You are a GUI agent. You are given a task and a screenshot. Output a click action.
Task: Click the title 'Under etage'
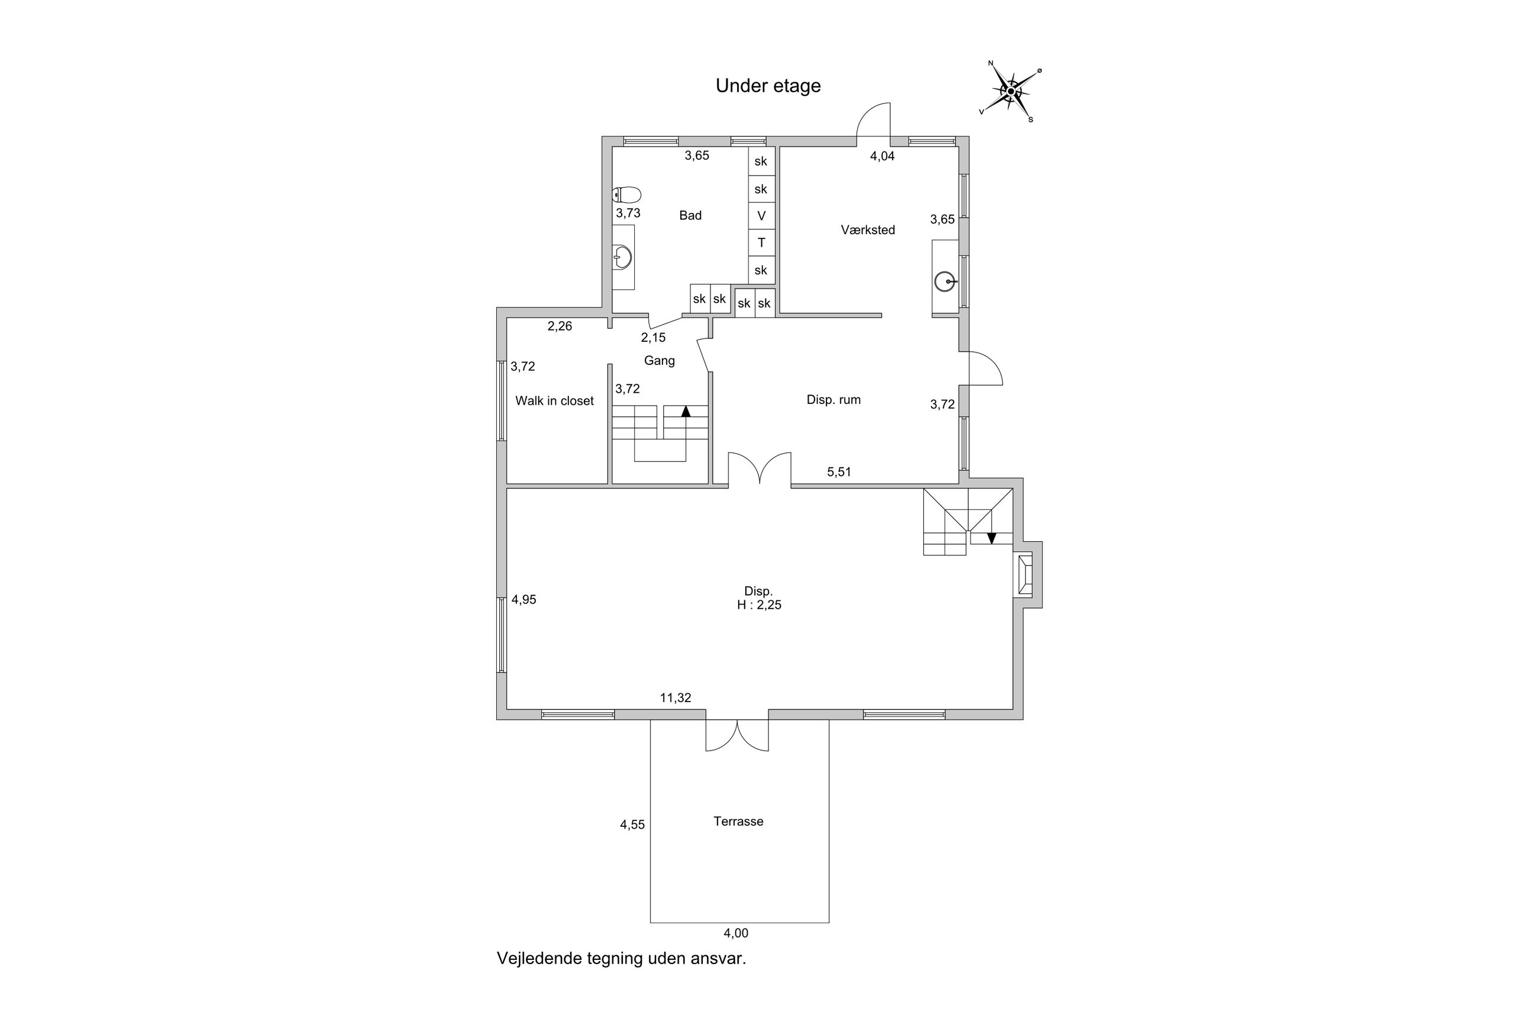tap(767, 86)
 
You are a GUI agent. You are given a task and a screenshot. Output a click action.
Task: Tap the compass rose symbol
tap(1010, 92)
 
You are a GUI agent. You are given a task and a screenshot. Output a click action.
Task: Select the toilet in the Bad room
tap(627, 195)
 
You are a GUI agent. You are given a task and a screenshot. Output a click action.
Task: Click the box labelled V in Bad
tap(761, 216)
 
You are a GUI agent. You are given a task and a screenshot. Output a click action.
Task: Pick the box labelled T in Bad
tap(761, 243)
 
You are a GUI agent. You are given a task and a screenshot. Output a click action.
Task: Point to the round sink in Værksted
tap(944, 282)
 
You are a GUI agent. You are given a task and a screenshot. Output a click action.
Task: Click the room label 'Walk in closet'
tap(554, 401)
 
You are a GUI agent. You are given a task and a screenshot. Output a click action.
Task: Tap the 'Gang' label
tap(659, 360)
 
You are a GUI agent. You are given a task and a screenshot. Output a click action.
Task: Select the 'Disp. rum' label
tap(833, 399)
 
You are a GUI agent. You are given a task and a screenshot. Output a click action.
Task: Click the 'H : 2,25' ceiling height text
tap(759, 605)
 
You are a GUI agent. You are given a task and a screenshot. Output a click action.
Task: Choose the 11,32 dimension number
tap(675, 697)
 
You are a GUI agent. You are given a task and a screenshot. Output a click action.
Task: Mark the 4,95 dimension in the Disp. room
tap(524, 599)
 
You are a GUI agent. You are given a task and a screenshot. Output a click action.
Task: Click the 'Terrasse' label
tap(738, 822)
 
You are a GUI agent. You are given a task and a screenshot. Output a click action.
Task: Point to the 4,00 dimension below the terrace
tap(735, 933)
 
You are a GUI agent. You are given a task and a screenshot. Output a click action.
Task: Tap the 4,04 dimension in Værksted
tap(882, 156)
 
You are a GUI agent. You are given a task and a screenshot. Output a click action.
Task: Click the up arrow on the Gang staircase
tap(686, 412)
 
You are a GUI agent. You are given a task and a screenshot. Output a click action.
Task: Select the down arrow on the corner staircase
tap(991, 538)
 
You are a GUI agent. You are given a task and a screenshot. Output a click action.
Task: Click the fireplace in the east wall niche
tap(1024, 574)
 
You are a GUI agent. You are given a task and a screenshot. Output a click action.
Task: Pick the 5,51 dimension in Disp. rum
tap(839, 472)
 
